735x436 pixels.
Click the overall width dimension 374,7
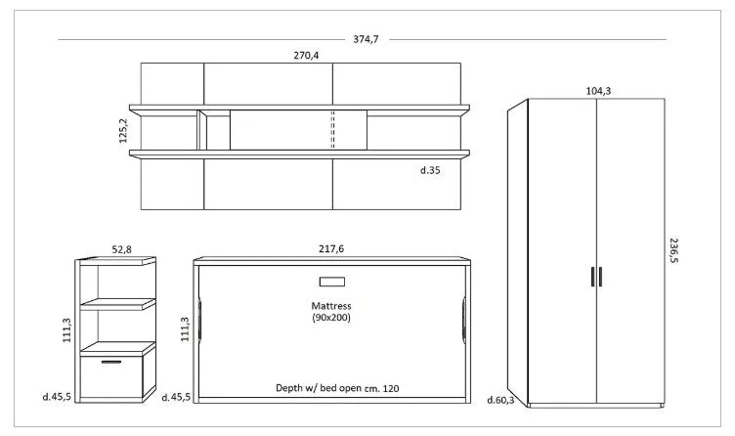click(366, 39)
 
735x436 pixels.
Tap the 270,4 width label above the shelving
click(306, 56)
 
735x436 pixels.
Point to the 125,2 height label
click(123, 130)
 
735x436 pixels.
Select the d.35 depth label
click(430, 170)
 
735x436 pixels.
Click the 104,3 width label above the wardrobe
click(598, 91)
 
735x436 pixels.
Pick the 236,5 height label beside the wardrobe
click(673, 250)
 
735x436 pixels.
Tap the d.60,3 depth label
click(500, 400)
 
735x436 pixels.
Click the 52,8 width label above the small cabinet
click(121, 249)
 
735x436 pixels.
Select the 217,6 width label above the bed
click(331, 249)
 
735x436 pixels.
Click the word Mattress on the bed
click(331, 306)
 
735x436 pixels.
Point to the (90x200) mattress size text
click(331, 318)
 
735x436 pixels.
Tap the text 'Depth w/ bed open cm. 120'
click(337, 388)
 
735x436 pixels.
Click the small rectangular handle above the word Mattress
click(332, 282)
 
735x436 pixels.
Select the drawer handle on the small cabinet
click(111, 362)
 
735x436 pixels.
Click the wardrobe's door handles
click(596, 276)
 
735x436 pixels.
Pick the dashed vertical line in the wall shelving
click(333, 130)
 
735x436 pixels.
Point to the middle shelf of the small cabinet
click(117, 304)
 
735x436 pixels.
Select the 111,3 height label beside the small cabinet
click(67, 330)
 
